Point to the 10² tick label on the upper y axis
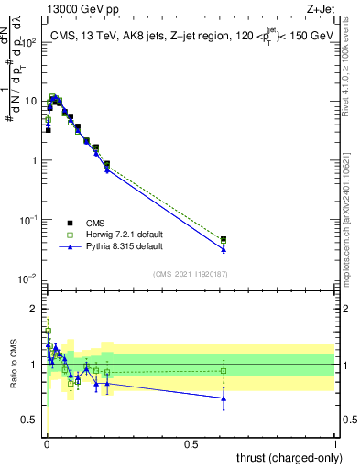pyautogui.click(x=29, y=42)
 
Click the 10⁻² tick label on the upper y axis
pyautogui.click(x=27, y=278)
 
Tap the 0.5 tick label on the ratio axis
pyautogui.click(x=29, y=420)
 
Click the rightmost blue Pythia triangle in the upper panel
pyautogui.click(x=224, y=249)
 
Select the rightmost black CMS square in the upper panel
pyautogui.click(x=224, y=239)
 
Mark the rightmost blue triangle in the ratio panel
pyautogui.click(x=224, y=398)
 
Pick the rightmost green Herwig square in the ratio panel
pyautogui.click(x=224, y=371)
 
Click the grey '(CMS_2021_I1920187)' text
pyautogui.click(x=190, y=274)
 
